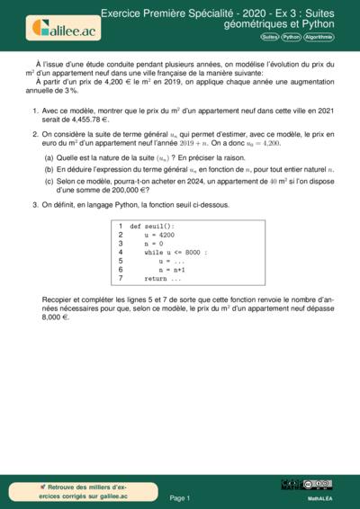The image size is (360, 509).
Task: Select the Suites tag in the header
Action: click(269, 38)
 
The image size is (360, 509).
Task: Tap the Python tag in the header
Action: click(291, 38)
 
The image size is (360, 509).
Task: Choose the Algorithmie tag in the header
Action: click(319, 38)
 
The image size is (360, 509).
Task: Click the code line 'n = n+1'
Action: click(172, 269)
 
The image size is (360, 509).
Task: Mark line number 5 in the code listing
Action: click(121, 261)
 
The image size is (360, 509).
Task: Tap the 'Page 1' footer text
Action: click(180, 497)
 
